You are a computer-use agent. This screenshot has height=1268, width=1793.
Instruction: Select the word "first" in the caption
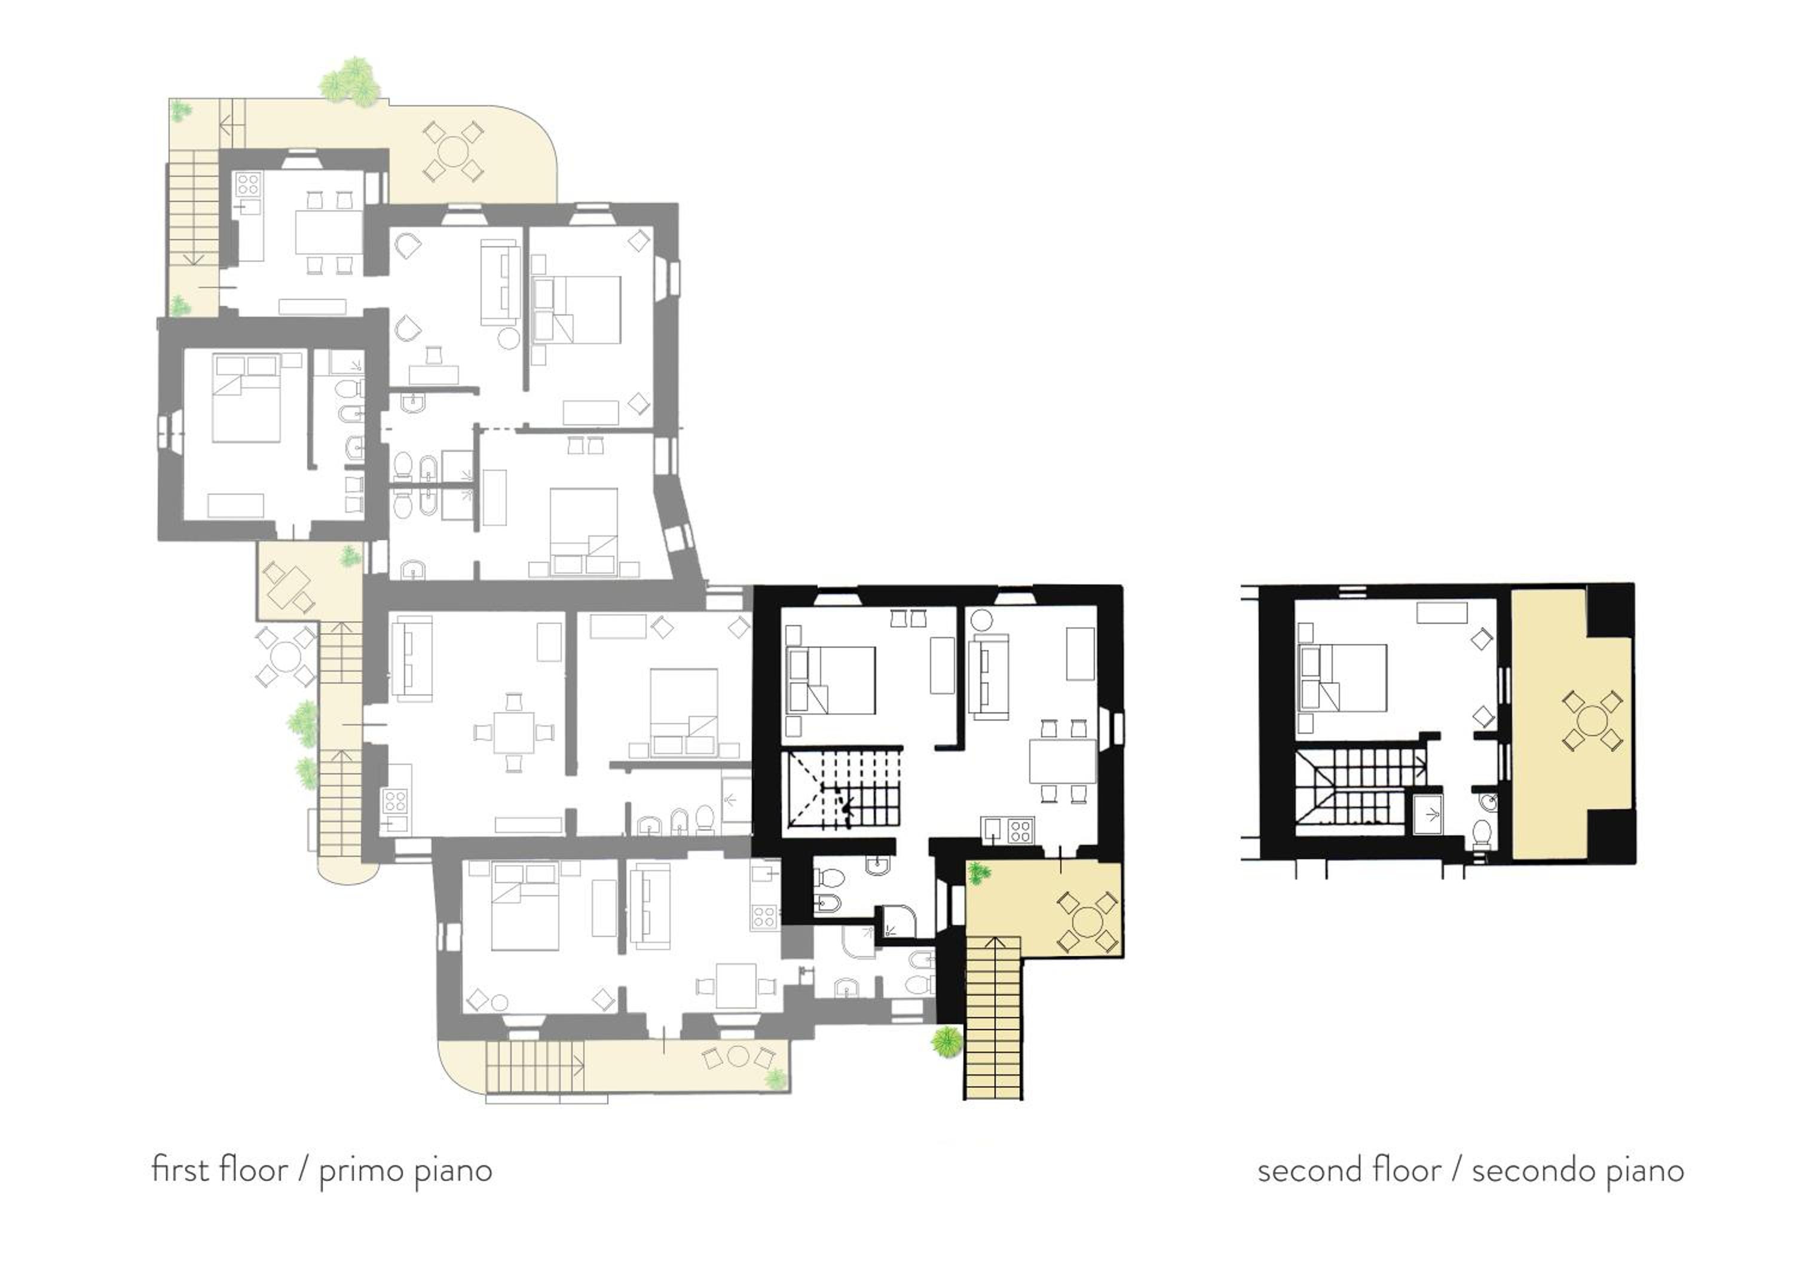coord(180,1169)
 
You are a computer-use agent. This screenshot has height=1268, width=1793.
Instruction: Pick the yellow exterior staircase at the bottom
coord(993,1018)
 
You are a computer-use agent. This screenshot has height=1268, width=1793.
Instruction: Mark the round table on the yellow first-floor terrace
coord(1085,923)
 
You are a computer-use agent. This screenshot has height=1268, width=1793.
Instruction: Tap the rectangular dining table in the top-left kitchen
coord(329,232)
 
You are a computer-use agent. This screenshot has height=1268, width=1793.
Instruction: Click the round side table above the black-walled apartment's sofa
coord(981,621)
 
